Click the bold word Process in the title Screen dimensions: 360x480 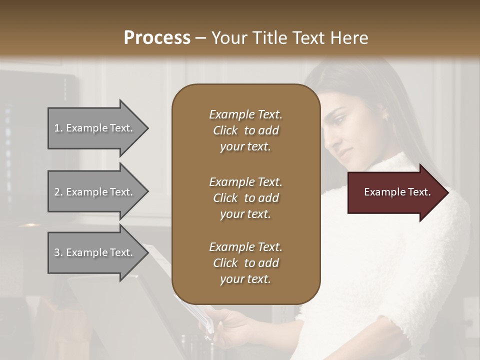point(157,38)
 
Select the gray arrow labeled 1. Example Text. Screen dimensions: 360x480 point(93,128)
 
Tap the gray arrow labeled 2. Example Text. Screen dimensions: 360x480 point(93,192)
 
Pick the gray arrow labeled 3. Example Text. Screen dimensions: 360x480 point(93,252)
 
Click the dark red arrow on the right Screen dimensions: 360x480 point(395,192)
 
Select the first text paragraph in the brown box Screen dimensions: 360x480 point(245,130)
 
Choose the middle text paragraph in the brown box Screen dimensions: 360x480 point(245,198)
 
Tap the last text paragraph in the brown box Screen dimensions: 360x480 point(245,263)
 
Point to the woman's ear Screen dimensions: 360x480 point(385,116)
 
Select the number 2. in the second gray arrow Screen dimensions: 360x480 point(58,192)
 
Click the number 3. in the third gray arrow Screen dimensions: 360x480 point(58,252)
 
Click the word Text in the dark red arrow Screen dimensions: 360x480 point(420,192)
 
